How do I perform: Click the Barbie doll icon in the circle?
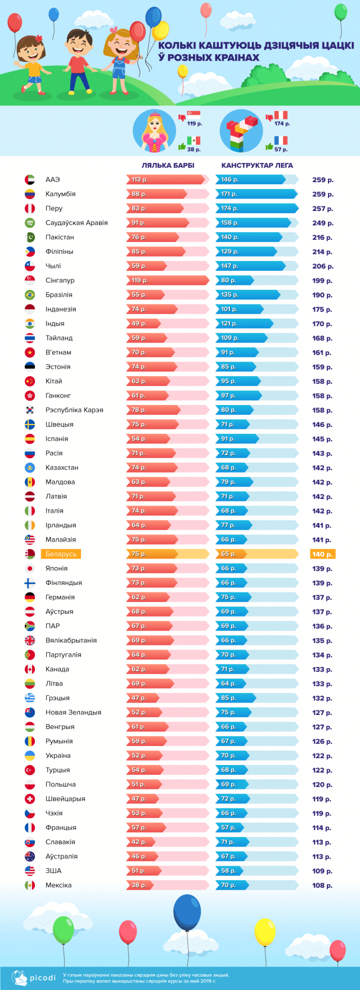153,131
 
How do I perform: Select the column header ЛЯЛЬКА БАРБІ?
167,165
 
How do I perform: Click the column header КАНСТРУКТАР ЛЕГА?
257,165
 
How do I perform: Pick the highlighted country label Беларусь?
61,554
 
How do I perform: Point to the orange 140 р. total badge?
322,554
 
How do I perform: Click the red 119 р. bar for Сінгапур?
167,281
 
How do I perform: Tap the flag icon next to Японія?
30,568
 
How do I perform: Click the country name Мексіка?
58,885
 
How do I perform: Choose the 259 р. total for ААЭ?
322,180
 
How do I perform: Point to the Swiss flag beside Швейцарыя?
30,799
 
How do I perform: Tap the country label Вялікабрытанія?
71,640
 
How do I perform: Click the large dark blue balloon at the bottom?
187,913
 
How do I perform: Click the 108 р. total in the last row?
322,886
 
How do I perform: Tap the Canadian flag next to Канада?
30,669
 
